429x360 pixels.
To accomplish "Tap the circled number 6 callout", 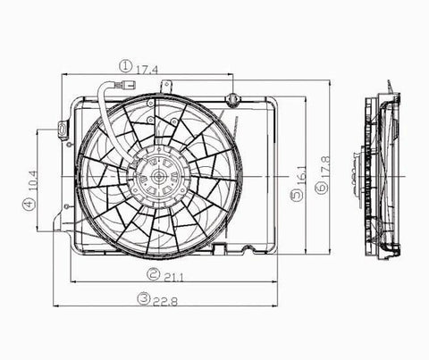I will [320, 198].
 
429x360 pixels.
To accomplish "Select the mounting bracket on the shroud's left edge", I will [62, 130].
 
